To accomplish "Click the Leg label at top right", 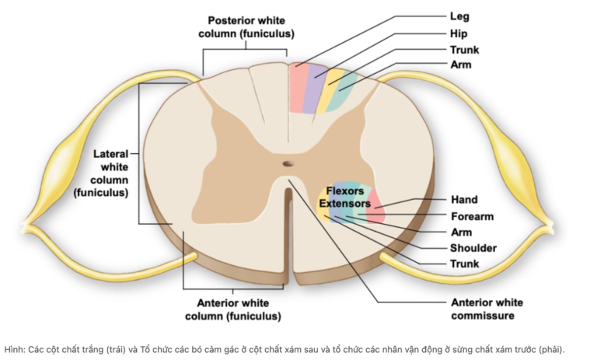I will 459,16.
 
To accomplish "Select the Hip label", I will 459,33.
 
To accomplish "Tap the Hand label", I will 464,200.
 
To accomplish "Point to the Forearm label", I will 472,216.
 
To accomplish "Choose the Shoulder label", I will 473,248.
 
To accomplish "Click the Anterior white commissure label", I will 487,309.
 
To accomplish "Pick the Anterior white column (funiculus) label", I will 233,309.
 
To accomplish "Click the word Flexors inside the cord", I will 345,191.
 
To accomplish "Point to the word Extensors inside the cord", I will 344,203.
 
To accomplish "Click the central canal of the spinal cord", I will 288,165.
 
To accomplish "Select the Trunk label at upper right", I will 464,50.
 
